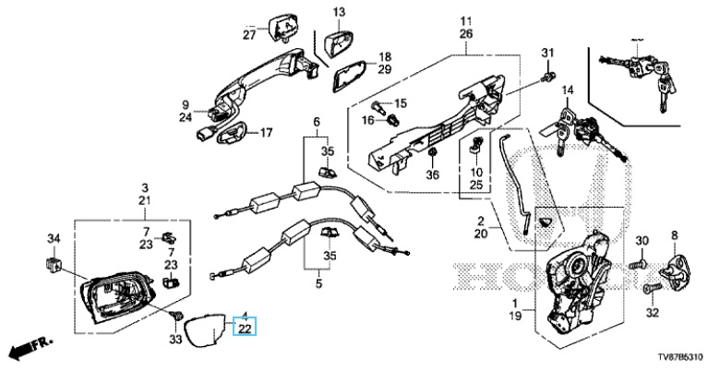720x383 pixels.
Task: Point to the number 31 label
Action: point(546,50)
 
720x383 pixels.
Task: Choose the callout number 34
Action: point(54,240)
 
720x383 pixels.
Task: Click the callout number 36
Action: point(433,176)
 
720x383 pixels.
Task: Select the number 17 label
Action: point(266,133)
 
